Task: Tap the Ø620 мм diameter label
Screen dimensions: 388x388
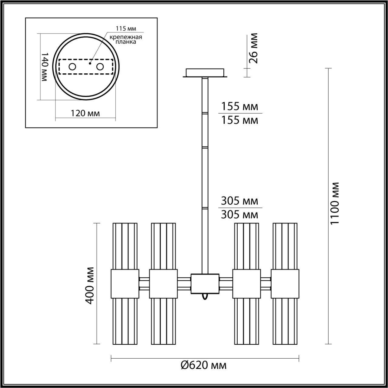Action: (203, 365)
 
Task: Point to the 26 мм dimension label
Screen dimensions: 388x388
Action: (253, 48)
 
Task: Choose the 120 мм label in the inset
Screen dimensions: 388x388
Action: (85, 113)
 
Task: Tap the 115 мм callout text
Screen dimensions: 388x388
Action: (126, 29)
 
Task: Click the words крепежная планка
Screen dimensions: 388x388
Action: (126, 40)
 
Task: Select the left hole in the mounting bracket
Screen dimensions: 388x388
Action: (72, 67)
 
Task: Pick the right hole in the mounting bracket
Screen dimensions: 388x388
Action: (100, 67)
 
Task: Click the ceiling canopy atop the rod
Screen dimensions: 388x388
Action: (205, 73)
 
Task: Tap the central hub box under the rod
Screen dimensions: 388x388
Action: (205, 284)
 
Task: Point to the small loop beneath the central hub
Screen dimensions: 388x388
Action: (205, 296)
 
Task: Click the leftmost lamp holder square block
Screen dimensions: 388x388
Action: (125, 284)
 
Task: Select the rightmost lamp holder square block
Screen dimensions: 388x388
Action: (285, 284)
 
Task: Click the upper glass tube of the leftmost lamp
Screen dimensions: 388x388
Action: (125, 246)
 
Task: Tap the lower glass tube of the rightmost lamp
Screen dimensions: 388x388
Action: (285, 321)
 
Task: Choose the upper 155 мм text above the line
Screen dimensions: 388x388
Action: (239, 107)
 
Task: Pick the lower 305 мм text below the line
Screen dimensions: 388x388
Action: (239, 215)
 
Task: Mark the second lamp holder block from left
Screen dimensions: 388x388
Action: (163, 284)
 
